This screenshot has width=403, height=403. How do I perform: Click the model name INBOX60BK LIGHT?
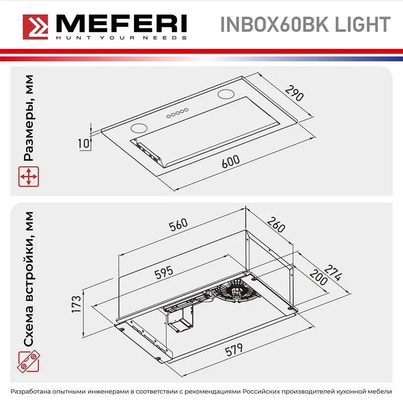click(x=305, y=24)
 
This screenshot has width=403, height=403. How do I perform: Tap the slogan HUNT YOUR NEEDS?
click(x=121, y=38)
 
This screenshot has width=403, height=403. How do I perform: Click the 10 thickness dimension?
click(x=84, y=143)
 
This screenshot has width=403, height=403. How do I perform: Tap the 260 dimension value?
click(x=276, y=225)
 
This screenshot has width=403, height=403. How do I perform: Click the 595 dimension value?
click(x=164, y=272)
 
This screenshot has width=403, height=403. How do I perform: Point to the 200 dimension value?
click(x=318, y=277)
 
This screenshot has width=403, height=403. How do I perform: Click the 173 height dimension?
click(x=76, y=305)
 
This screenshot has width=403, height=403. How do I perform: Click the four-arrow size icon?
click(x=29, y=176)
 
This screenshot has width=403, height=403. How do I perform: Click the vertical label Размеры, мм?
click(x=29, y=118)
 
